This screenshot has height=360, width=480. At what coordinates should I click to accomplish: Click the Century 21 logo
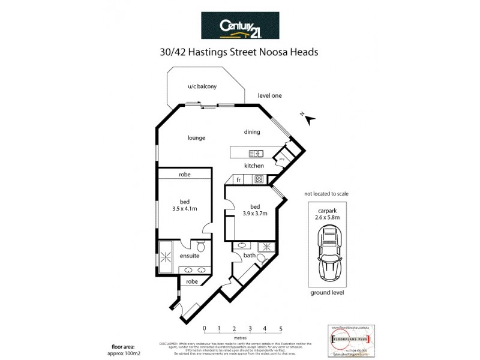[239, 27]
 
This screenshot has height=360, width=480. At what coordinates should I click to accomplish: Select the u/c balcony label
[202, 87]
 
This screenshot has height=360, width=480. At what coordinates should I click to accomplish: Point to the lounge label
[196, 137]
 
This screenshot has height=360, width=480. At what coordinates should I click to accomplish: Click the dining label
[251, 132]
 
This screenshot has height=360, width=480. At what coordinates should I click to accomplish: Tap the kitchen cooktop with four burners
[260, 178]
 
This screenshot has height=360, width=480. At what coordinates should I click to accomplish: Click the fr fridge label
[238, 179]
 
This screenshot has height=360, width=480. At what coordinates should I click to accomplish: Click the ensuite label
[190, 256]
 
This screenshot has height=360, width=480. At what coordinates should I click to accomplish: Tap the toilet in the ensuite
[202, 247]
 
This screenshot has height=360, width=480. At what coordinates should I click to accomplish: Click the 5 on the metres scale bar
[280, 329]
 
